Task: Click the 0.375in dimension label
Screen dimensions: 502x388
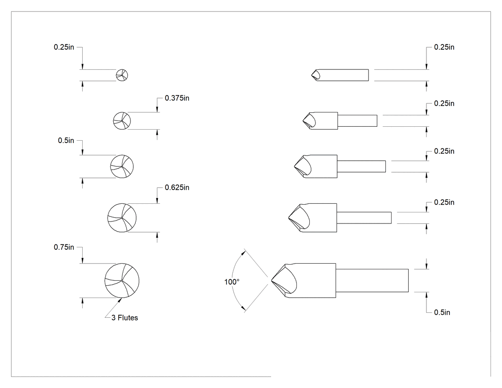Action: pos(177,98)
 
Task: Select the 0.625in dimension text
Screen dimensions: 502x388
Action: pos(177,188)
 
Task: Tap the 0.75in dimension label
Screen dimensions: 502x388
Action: pos(64,247)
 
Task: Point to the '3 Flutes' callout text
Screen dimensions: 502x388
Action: pos(124,318)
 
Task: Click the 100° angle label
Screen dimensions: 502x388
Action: pos(232,282)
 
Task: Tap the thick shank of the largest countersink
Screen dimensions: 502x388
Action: pos(372,281)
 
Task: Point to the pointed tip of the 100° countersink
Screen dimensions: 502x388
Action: pos(272,281)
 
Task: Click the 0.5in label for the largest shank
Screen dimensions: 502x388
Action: pos(442,312)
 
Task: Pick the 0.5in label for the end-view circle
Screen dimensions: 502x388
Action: pos(66,141)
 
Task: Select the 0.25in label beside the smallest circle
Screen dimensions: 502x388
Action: pos(64,47)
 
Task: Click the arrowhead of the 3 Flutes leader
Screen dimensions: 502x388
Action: pos(120,300)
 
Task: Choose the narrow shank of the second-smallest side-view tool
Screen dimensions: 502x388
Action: pos(357,121)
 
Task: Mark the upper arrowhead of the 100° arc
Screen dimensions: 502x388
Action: pos(244,252)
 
